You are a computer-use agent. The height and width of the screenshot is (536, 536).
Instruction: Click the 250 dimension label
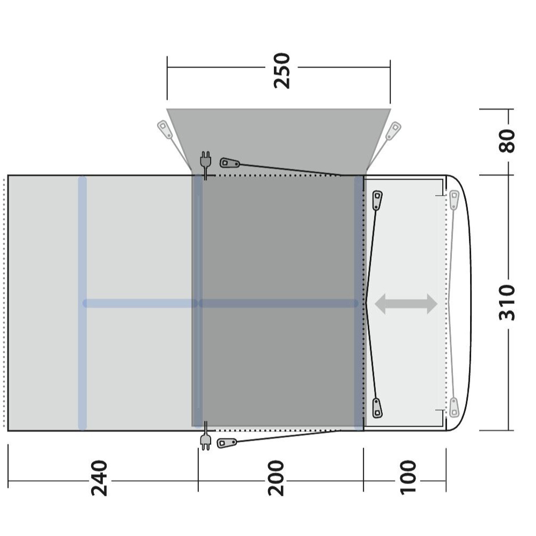[x=282, y=70]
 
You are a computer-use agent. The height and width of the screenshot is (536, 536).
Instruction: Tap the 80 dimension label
[x=507, y=140]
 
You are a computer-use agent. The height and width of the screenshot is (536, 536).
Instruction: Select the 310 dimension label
[x=507, y=302]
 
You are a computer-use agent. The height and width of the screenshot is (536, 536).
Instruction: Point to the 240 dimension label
[x=99, y=478]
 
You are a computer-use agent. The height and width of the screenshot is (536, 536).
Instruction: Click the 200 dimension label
[x=276, y=478]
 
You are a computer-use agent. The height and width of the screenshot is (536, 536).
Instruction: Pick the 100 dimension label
[x=408, y=477]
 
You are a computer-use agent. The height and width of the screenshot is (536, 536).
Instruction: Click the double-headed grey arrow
[x=406, y=303]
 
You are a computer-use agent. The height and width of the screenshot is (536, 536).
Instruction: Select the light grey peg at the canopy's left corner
[x=165, y=130]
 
